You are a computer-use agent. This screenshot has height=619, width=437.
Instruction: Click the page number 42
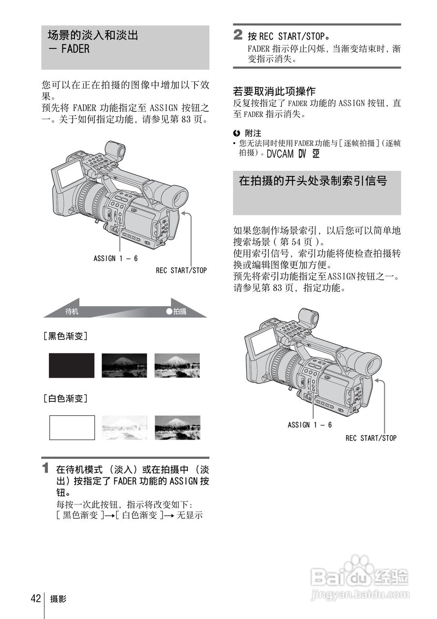coord(35,599)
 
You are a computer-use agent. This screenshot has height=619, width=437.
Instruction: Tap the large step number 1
coord(46,469)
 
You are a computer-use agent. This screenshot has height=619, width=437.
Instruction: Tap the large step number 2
coord(238,35)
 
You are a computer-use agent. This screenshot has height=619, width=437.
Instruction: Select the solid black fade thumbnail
coord(72,365)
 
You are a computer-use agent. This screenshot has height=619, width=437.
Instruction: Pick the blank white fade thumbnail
coord(72,427)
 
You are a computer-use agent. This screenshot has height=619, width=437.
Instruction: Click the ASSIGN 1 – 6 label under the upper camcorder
coord(116,258)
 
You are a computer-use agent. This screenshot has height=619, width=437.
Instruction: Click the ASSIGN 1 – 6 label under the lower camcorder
coord(310,425)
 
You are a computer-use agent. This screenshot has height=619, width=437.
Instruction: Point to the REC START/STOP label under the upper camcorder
coord(181,270)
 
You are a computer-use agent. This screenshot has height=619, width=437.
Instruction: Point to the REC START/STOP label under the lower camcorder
coord(371,438)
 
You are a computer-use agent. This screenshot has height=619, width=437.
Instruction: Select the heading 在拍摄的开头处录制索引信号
coord(313,181)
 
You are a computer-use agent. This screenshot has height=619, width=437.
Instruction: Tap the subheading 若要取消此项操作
coord(274,91)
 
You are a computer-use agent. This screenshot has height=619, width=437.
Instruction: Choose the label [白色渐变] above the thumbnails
coord(65,398)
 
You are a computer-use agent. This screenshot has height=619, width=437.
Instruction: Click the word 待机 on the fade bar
coord(72,312)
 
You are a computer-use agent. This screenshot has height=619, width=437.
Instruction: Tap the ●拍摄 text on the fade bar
coord(176,312)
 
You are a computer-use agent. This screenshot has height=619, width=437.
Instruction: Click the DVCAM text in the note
coord(280,154)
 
